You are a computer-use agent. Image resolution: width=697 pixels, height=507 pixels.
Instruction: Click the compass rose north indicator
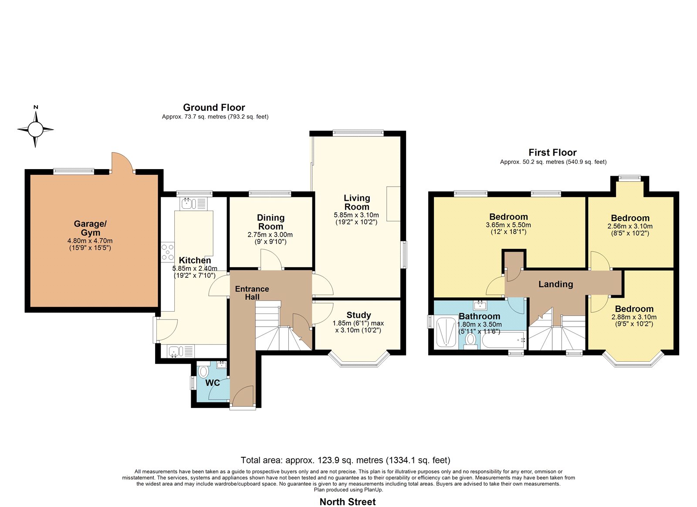(x=35, y=129)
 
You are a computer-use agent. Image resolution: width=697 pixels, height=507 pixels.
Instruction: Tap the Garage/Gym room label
(x=90, y=228)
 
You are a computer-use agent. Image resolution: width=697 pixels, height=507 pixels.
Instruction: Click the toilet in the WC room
(x=203, y=371)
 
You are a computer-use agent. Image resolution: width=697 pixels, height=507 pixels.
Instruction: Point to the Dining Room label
(x=271, y=222)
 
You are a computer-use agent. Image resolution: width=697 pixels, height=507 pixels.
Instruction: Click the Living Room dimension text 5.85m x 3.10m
(x=356, y=215)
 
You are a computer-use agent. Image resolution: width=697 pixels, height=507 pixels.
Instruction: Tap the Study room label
(x=359, y=315)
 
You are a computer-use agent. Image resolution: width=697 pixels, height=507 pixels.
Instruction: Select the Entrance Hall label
(x=252, y=293)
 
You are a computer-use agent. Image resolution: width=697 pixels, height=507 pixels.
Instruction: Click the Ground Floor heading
(x=214, y=107)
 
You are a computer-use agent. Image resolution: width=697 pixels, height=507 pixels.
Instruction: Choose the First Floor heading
(x=553, y=152)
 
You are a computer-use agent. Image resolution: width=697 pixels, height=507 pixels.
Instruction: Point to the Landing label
(x=556, y=284)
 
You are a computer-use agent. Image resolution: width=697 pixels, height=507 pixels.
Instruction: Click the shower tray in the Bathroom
(x=446, y=332)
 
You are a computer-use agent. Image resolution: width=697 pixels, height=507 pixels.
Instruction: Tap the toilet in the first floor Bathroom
(x=470, y=340)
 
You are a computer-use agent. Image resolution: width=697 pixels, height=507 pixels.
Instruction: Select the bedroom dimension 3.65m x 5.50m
(x=508, y=225)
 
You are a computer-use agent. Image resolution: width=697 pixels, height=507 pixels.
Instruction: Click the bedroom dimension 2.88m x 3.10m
(x=634, y=317)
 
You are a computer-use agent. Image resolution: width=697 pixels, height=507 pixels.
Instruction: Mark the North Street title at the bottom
(x=348, y=493)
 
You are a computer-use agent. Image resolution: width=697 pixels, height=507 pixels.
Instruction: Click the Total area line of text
(x=345, y=460)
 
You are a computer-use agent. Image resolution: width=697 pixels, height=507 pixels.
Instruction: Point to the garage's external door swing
(x=122, y=162)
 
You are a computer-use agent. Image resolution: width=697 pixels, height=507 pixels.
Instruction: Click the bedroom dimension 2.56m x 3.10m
(x=630, y=226)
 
